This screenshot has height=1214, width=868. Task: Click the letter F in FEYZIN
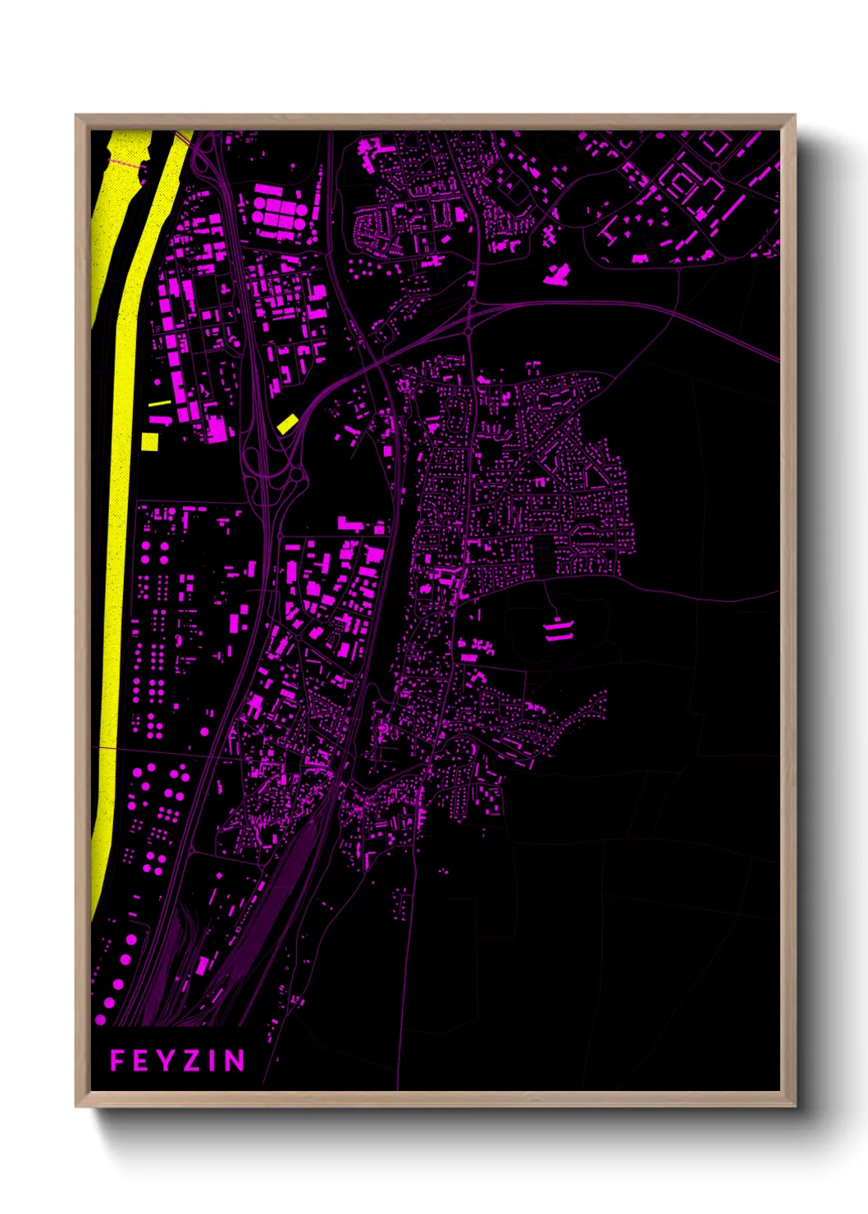117,1061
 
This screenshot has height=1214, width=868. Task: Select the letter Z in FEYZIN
190,1061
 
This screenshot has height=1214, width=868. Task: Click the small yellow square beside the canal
149,442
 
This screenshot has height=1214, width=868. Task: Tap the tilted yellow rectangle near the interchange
286,423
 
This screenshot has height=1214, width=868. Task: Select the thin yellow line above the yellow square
159,403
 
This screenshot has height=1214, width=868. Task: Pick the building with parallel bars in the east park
558,629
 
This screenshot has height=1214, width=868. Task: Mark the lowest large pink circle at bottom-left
100,1020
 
